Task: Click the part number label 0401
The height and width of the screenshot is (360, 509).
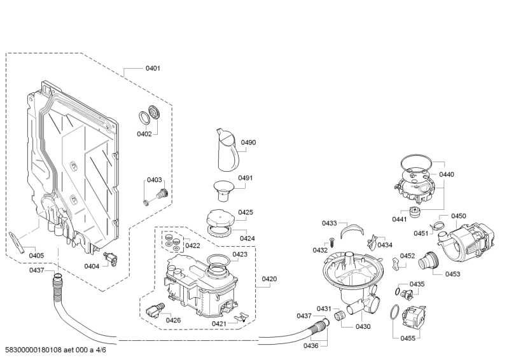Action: [153, 68]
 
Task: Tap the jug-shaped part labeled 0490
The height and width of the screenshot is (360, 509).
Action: [226, 150]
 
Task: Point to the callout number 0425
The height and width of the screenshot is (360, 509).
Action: [246, 212]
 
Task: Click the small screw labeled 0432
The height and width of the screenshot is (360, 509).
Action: [331, 241]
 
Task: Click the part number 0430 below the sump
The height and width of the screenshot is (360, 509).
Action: [363, 326]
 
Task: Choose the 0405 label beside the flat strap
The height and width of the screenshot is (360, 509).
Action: [37, 256]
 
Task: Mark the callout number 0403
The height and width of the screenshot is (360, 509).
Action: [155, 180]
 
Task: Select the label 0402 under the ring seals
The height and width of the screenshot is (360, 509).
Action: [144, 134]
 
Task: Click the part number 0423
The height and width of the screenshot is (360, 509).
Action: [240, 254]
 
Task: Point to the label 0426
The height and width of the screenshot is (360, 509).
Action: [174, 320]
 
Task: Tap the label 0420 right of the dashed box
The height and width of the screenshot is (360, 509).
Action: [270, 279]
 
